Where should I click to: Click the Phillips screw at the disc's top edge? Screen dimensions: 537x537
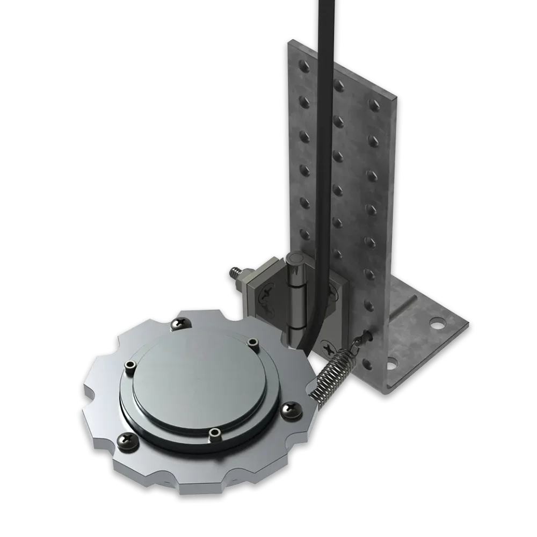pyautogui.click(x=178, y=324)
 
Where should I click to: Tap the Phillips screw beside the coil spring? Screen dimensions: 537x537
pyautogui.click(x=292, y=411)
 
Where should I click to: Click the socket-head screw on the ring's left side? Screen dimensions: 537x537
pyautogui.click(x=129, y=366)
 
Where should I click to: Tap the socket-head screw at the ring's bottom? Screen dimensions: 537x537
pyautogui.click(x=214, y=432)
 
